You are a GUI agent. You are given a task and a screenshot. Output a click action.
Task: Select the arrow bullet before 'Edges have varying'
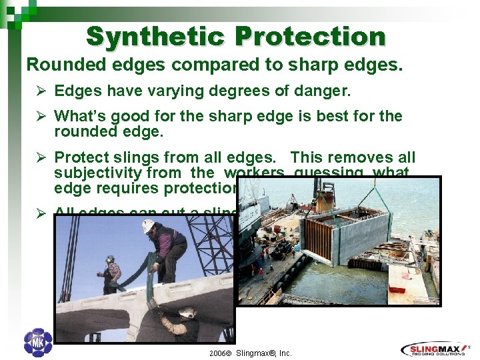click(41, 91)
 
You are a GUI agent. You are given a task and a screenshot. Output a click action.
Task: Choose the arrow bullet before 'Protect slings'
click(41, 158)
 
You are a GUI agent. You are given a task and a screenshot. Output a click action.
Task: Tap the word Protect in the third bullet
click(81, 158)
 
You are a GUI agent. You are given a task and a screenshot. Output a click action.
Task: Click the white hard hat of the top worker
click(148, 226)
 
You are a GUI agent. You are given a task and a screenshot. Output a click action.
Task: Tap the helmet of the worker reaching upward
click(187, 311)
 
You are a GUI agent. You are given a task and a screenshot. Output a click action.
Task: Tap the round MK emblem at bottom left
click(37, 343)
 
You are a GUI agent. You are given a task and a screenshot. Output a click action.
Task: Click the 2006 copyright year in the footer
click(219, 353)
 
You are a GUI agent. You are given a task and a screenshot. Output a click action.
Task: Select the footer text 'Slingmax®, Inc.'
click(263, 353)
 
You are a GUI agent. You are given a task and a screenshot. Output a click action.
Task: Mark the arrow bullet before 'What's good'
click(41, 116)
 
